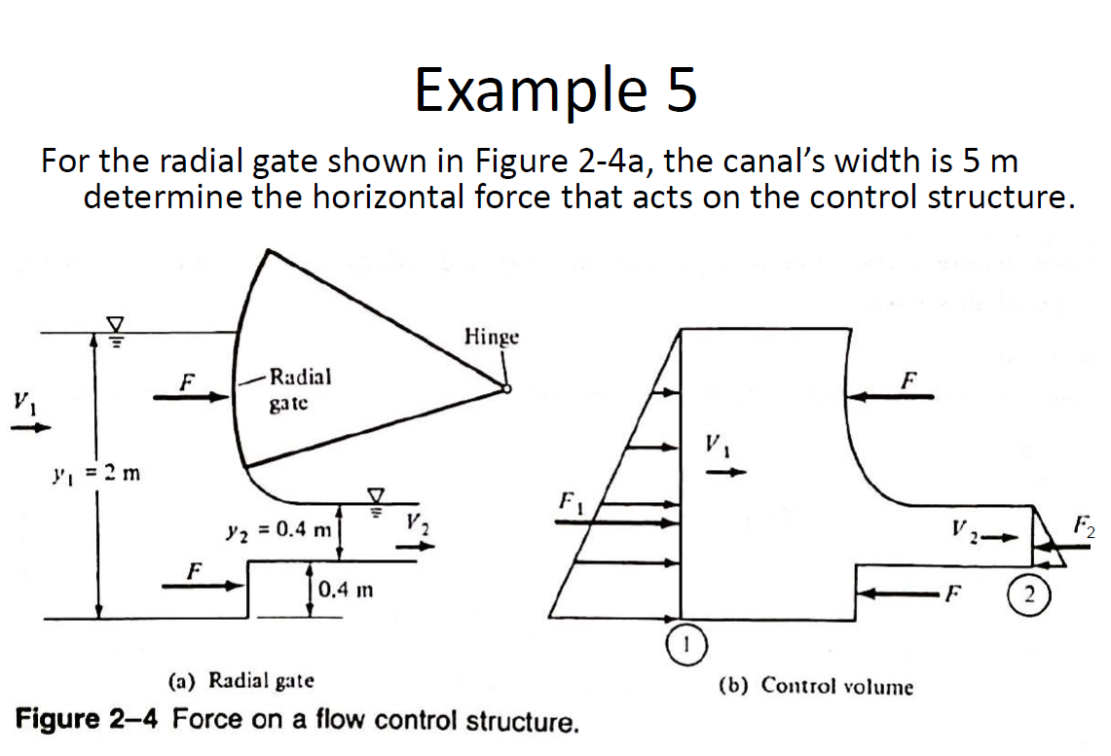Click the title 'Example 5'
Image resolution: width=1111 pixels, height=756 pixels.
[x=555, y=90]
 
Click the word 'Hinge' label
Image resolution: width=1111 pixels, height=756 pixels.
[x=492, y=337]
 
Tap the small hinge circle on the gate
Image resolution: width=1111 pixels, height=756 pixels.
[x=506, y=389]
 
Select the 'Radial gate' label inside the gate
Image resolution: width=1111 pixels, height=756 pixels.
[x=299, y=388]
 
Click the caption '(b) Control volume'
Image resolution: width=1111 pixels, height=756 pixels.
[x=816, y=686]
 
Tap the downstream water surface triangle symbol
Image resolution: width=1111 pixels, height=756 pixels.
[x=376, y=495]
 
